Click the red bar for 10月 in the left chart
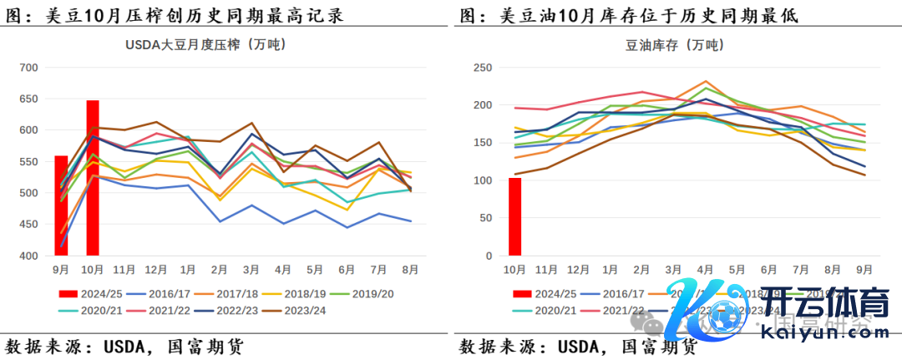pyautogui.click(x=93, y=178)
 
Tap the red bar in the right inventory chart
pyautogui.click(x=515, y=216)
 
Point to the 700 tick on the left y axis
pyautogui.click(x=29, y=68)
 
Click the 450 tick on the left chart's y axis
pyautogui.click(x=29, y=225)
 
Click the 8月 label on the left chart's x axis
pyautogui.click(x=410, y=269)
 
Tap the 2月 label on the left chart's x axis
pyautogui.click(x=220, y=269)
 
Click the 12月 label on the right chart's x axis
pyautogui.click(x=579, y=269)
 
